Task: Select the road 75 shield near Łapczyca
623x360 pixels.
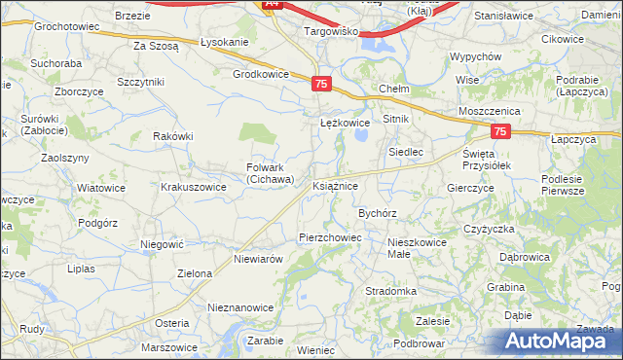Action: tap(500, 131)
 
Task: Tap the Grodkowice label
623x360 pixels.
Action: tap(261, 74)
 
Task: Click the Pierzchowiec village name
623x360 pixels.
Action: tap(330, 237)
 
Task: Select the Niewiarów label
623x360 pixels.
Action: tap(258, 260)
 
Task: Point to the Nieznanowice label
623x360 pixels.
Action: tap(240, 307)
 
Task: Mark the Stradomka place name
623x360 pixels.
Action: tap(390, 291)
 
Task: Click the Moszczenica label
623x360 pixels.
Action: tap(485, 112)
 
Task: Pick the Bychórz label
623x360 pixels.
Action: tap(378, 211)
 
